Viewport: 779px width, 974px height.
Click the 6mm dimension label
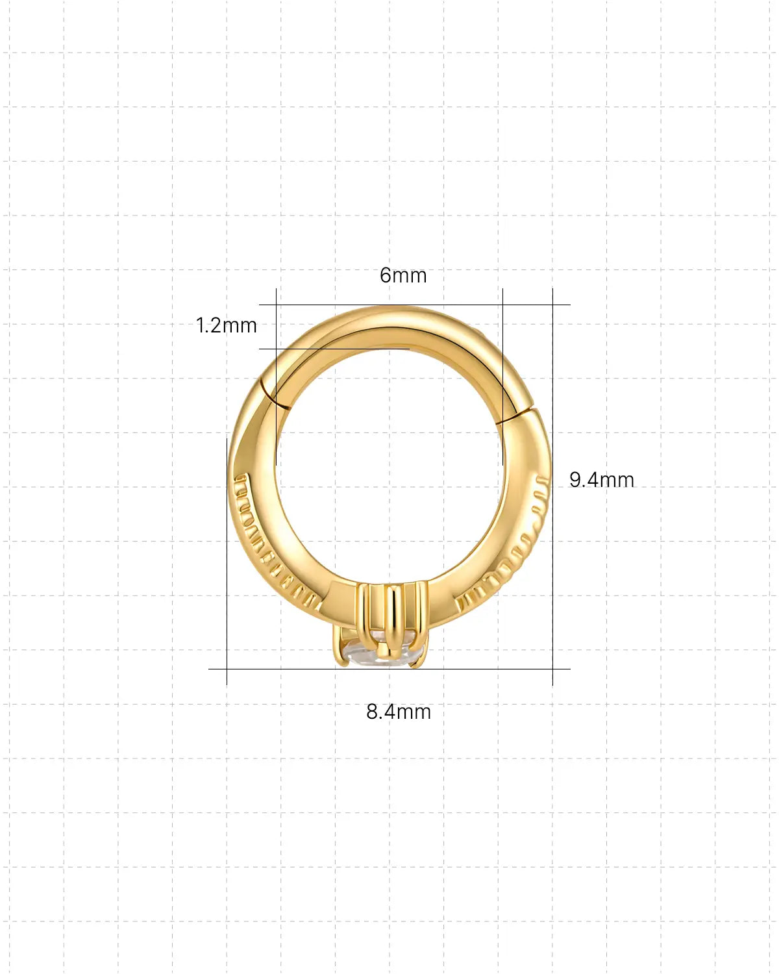tap(403, 275)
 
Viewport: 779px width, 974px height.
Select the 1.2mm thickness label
tap(227, 325)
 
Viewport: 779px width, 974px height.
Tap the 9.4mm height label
tap(602, 480)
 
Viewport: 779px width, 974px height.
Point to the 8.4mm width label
tap(399, 712)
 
